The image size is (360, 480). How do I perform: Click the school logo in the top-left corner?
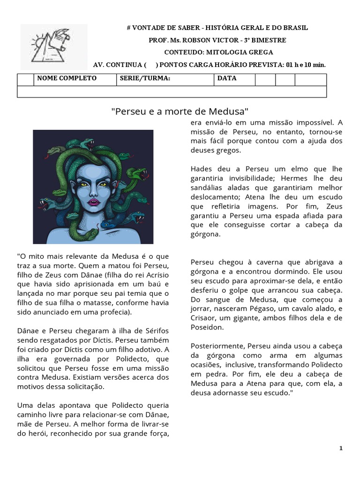tap(53, 46)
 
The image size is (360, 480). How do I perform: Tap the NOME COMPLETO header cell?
tap(67, 78)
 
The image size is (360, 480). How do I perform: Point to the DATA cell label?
tap(227, 78)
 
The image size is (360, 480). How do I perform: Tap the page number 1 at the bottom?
tap(341, 449)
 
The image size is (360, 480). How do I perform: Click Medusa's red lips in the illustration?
tap(93, 202)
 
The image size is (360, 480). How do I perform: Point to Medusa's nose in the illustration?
tap(93, 193)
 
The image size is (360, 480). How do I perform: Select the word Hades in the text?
tap(202, 169)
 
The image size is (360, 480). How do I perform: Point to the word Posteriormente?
tap(217, 346)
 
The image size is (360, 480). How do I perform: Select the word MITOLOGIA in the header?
tap(227, 52)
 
